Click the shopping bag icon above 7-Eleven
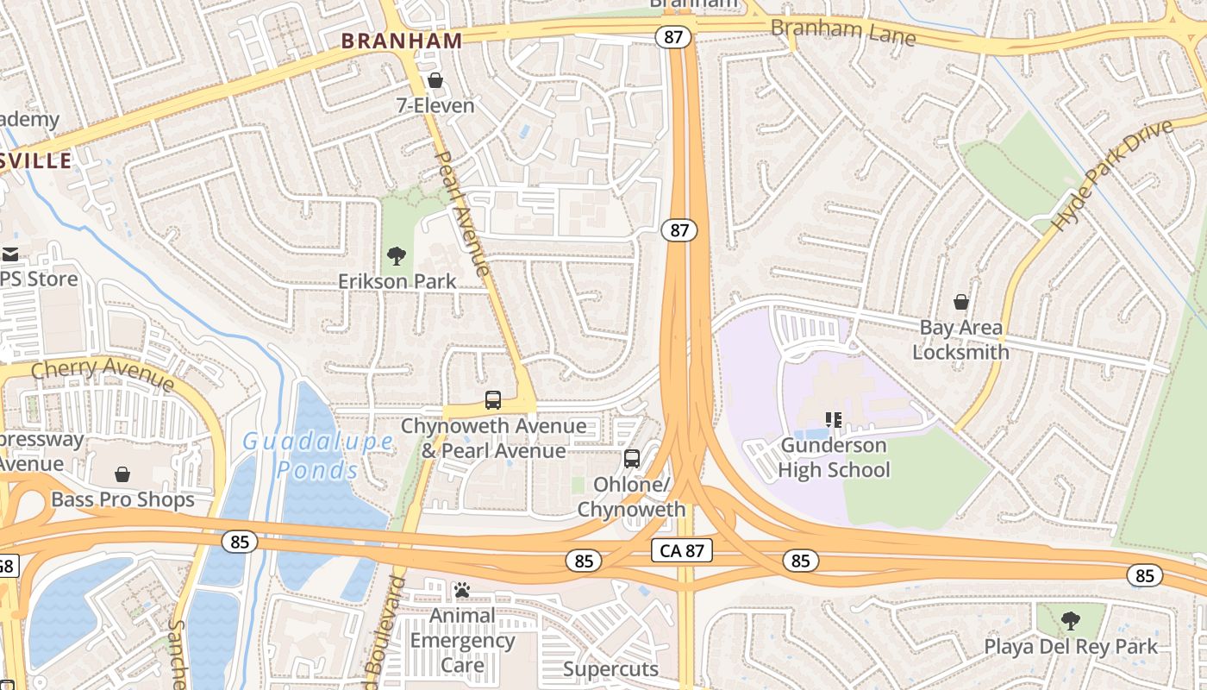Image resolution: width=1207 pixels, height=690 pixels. tap(435, 81)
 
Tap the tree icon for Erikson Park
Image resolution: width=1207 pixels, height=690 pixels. tap(397, 255)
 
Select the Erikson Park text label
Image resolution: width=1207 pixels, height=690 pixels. tap(397, 281)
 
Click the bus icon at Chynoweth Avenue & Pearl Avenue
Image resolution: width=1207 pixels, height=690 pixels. tap(493, 400)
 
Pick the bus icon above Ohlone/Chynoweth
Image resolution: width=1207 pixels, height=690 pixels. tap(632, 459)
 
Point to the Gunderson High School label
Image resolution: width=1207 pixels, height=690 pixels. tap(834, 458)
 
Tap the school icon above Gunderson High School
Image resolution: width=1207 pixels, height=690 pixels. tap(834, 421)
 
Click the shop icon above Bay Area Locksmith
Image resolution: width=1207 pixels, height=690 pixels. tap(961, 302)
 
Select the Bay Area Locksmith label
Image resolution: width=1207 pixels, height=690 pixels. tap(960, 340)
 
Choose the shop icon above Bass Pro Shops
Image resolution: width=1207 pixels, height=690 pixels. tap(122, 474)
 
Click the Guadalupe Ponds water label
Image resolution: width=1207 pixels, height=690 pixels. tap(317, 455)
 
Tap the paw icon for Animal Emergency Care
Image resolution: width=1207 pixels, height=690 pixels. tap(462, 591)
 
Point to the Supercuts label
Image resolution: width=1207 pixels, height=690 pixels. tap(610, 669)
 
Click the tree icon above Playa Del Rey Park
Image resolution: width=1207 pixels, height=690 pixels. tap(1070, 620)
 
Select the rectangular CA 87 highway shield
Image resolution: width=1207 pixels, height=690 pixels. tap(682, 551)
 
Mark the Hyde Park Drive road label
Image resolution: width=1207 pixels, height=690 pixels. tap(1113, 175)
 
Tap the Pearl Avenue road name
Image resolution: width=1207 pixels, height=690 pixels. tap(464, 213)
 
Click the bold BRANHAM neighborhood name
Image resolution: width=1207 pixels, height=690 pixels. tap(402, 40)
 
